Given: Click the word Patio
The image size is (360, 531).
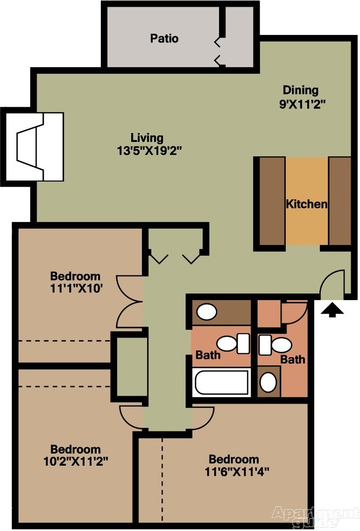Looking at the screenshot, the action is coord(164,38).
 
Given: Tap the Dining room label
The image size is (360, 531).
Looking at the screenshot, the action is coord(301,90).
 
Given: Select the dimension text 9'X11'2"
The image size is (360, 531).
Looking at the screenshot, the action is coord(302,104).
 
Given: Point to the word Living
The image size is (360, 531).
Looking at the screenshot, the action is coord(147,138).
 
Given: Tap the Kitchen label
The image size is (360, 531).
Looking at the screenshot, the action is coord(307,204).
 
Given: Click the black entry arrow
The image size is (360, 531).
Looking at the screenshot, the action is coord(332,310).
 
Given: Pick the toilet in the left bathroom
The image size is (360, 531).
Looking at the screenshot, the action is coord(233,343).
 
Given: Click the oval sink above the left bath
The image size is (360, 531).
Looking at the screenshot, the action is coord(207,312).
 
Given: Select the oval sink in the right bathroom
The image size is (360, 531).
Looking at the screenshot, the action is coord(268,382).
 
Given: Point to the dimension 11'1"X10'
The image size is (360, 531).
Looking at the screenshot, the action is coord(76,288).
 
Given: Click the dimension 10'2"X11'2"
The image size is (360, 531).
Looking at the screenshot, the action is coord(76,461).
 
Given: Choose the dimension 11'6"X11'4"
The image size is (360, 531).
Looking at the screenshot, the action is coord(237,471).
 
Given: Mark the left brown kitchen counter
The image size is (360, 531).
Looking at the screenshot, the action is coord(272,201).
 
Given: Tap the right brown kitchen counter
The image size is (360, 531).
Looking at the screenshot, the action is coord(339,201).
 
